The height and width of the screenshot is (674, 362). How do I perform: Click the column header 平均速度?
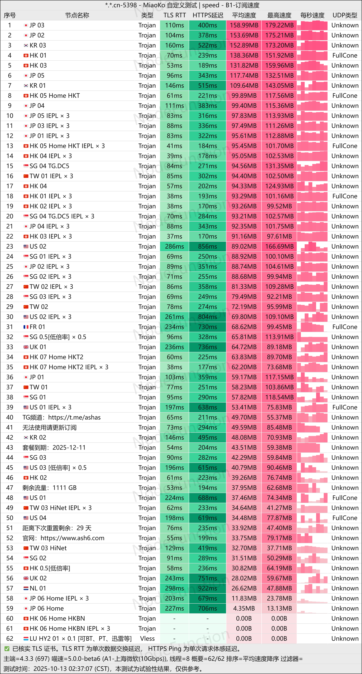(244, 15)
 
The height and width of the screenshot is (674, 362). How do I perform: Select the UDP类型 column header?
(345, 15)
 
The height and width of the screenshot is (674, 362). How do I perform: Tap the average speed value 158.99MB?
(244, 25)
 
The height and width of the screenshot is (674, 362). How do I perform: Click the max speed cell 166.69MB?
(279, 247)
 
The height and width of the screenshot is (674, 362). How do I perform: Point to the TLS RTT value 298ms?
(174, 588)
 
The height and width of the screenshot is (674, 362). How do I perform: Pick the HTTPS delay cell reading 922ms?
(208, 588)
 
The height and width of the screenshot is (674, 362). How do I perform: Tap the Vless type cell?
(147, 639)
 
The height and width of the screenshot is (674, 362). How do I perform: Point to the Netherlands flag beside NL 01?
(26, 588)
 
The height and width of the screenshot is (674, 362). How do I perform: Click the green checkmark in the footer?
(7, 649)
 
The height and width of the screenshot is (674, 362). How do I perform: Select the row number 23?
(10, 247)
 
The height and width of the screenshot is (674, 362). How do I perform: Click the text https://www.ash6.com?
(72, 538)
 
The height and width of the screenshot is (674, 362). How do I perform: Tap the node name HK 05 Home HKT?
(55, 96)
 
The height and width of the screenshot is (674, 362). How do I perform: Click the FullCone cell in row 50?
(345, 518)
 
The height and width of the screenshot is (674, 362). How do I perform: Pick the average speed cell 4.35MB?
(244, 609)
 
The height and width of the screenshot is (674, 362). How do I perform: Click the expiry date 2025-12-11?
(69, 448)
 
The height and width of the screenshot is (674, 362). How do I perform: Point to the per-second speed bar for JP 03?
(312, 25)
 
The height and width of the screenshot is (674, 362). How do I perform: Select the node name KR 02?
(38, 438)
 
